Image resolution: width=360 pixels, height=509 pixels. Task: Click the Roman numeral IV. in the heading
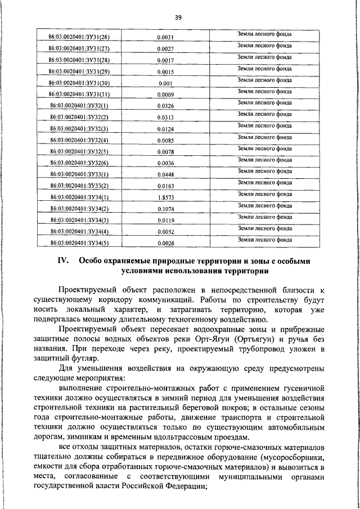pyautogui.click(x=63, y=262)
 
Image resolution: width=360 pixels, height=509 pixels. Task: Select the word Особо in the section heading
pyautogui.click(x=92, y=262)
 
